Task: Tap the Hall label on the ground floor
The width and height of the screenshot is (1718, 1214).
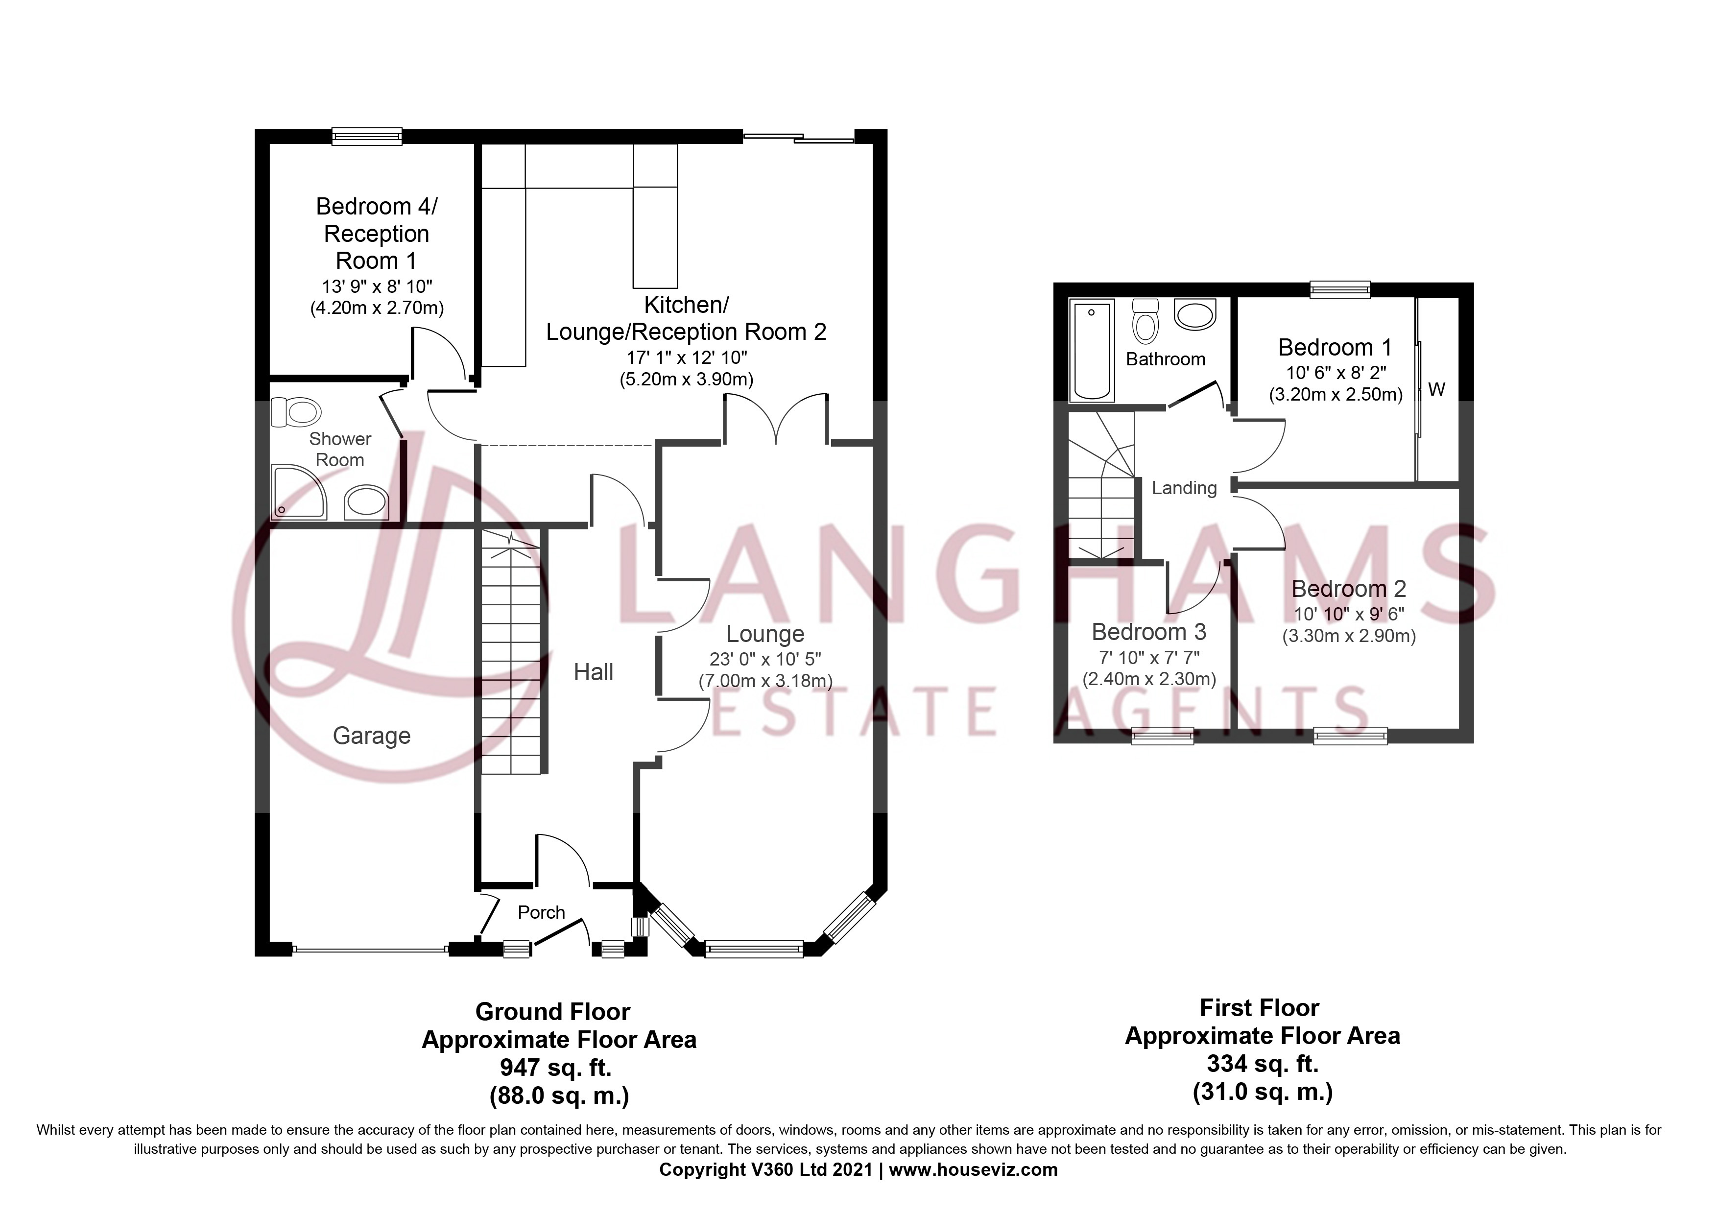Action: tap(594, 672)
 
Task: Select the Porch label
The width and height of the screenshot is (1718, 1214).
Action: tap(541, 912)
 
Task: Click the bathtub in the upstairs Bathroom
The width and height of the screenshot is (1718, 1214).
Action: tap(1093, 349)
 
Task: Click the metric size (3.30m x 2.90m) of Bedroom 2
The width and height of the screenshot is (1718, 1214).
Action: tap(1349, 637)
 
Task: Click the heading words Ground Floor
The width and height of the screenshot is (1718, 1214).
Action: tap(552, 1012)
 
